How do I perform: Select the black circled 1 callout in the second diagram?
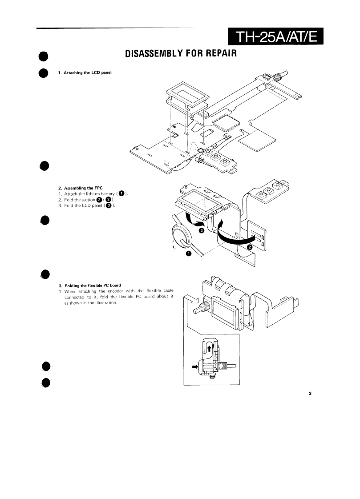pyautogui.click(x=188, y=254)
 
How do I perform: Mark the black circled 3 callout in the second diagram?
pyautogui.click(x=201, y=231)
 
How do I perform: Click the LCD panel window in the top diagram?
pyautogui.click(x=187, y=94)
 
